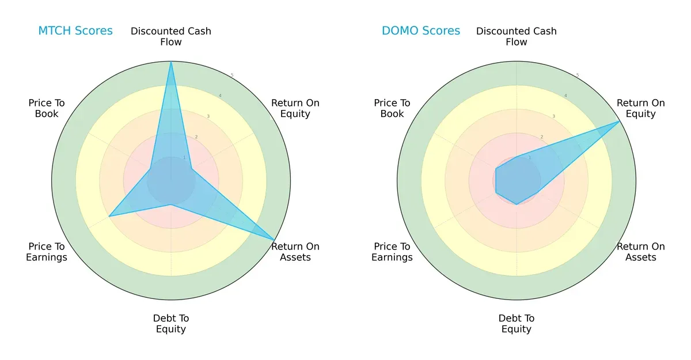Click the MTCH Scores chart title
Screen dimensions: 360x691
[75, 31]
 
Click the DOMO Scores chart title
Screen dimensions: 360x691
[421, 31]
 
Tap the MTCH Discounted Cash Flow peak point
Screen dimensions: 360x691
[171, 62]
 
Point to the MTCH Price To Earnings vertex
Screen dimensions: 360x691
[109, 216]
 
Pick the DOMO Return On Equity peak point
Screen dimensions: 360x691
[620, 122]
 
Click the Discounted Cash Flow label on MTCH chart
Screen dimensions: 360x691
[171, 36]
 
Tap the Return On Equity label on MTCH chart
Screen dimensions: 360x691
[295, 108]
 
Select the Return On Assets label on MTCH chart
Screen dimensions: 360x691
[295, 252]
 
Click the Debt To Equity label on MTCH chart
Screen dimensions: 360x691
[171, 324]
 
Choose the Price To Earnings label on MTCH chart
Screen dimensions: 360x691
[47, 252]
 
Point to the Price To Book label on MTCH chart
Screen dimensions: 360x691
[47, 108]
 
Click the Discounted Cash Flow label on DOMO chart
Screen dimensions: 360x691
[517, 36]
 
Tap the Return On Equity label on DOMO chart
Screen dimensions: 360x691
[641, 108]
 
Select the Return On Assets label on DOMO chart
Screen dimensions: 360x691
[641, 252]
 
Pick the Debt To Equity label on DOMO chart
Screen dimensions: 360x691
[517, 324]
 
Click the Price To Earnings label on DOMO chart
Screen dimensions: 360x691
[392, 252]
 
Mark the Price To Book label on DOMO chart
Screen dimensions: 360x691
[392, 108]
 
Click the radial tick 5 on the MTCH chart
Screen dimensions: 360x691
[232, 75]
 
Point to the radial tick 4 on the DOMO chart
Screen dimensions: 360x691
[565, 96]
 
